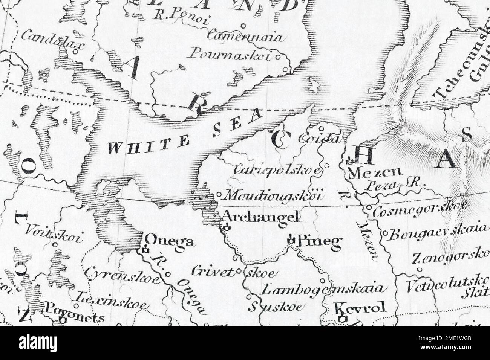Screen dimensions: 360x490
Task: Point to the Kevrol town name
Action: click(360, 308)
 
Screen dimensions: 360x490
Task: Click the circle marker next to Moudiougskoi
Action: click(220, 195)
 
